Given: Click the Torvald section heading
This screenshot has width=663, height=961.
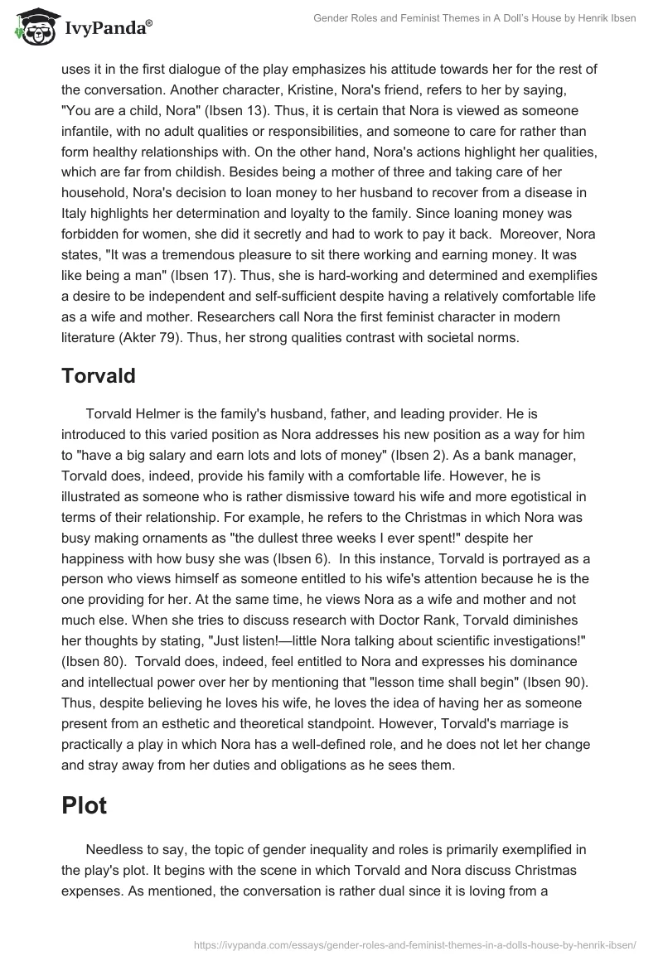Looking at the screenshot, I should tap(99, 375).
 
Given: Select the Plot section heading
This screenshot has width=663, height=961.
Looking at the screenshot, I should tap(85, 805).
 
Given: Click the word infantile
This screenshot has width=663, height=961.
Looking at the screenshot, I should tap(93, 130).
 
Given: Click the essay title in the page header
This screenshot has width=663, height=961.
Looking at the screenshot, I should tap(473, 18).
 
